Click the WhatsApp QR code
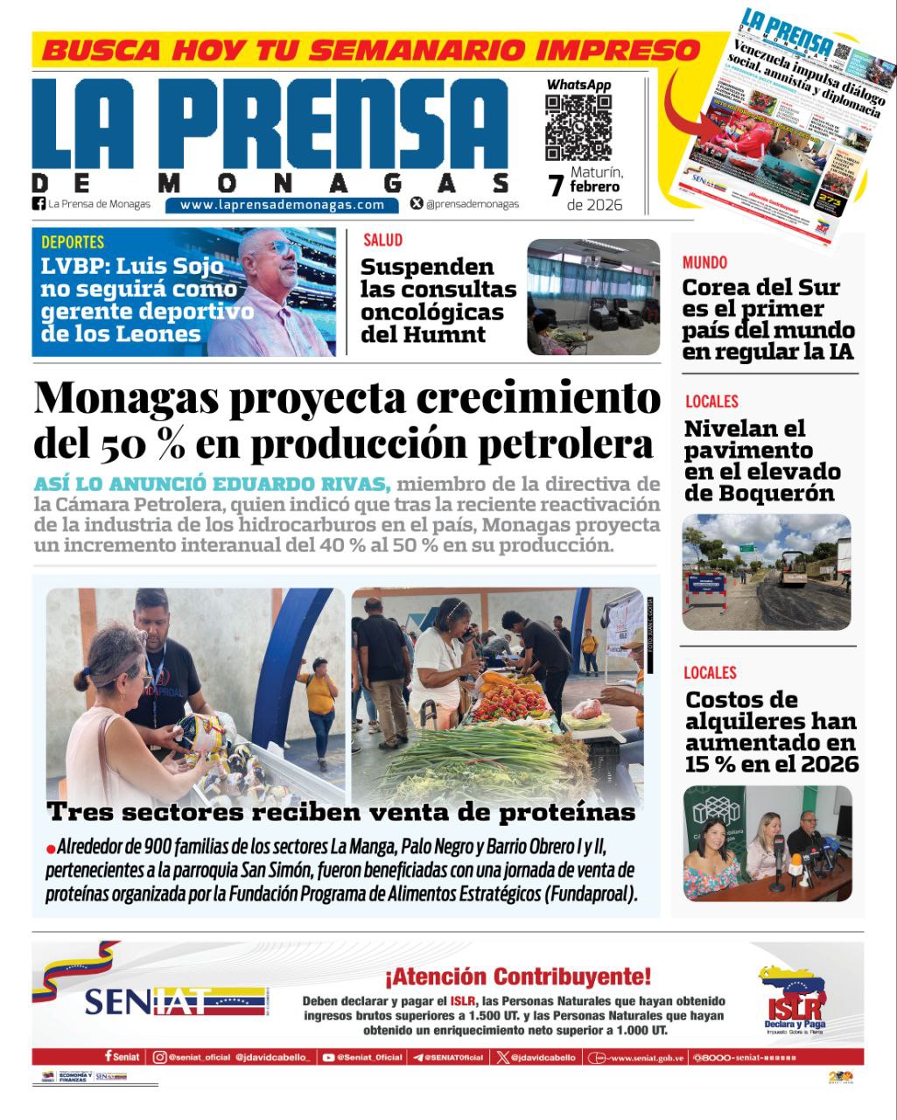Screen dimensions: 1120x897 tap(578, 128)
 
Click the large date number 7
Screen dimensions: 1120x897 tap(556, 186)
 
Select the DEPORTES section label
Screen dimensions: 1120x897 tap(73, 242)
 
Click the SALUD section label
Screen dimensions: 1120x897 tap(382, 240)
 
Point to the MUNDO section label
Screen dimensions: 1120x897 tap(704, 262)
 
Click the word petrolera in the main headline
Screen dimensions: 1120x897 tap(565, 444)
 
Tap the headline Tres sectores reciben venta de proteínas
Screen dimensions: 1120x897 tap(341, 812)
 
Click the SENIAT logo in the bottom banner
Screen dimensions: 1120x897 tap(175, 1000)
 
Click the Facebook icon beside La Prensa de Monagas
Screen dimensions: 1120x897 tap(39, 204)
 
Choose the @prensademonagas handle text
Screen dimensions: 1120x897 tap(472, 204)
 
